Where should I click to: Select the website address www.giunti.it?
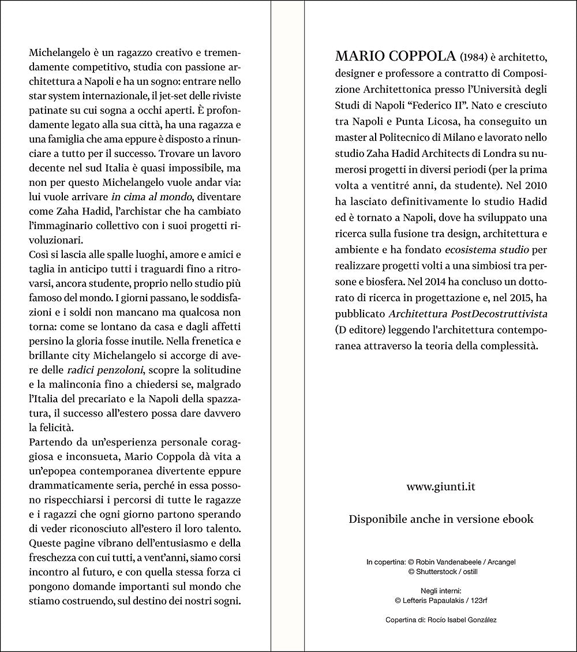coord(441,486)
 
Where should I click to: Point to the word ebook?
coord(515,519)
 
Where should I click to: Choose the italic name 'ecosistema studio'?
coord(482,250)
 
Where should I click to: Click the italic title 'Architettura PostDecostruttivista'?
coord(468,314)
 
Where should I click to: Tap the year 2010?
coord(534,186)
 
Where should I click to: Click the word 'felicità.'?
coord(51,427)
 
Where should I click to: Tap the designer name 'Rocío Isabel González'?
coord(459,620)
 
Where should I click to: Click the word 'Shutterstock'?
coord(437,571)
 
